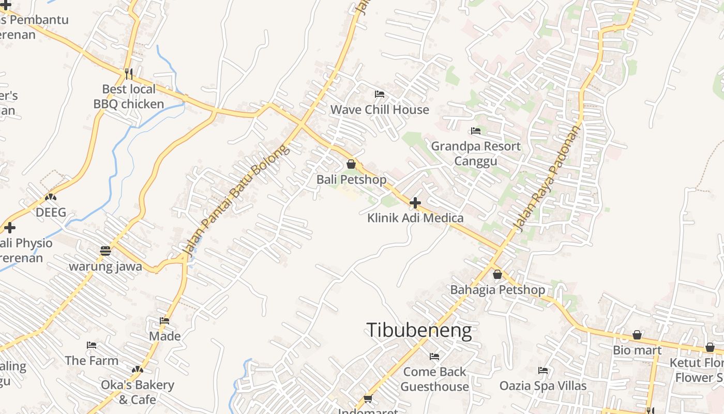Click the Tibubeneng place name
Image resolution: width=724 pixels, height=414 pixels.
click(419, 331)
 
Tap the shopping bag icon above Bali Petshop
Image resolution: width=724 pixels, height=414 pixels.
click(351, 164)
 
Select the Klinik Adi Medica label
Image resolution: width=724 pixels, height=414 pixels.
click(415, 218)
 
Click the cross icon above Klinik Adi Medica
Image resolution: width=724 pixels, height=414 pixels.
click(415, 203)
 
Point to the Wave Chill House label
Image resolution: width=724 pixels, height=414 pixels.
click(380, 110)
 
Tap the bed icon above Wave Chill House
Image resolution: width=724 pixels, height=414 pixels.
click(380, 94)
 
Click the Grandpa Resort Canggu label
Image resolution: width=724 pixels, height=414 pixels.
click(476, 154)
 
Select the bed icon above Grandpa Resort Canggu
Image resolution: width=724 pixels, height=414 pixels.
click(476, 131)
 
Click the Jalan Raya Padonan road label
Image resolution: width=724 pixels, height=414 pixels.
click(547, 178)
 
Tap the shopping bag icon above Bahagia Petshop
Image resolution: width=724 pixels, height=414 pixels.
click(497, 274)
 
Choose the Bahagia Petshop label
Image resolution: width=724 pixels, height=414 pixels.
click(497, 290)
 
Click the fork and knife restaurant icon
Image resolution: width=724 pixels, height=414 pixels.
click(129, 73)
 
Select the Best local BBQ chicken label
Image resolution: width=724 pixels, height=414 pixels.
click(129, 97)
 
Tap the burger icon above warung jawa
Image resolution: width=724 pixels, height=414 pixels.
click(105, 251)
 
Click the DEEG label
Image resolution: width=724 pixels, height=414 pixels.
click(51, 213)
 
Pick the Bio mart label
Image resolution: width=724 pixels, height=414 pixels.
click(637, 350)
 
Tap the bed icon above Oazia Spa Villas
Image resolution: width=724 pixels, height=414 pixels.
click(542, 371)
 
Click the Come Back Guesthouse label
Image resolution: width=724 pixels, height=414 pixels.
click(434, 379)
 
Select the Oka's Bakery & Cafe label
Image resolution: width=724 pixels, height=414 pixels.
click(138, 392)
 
